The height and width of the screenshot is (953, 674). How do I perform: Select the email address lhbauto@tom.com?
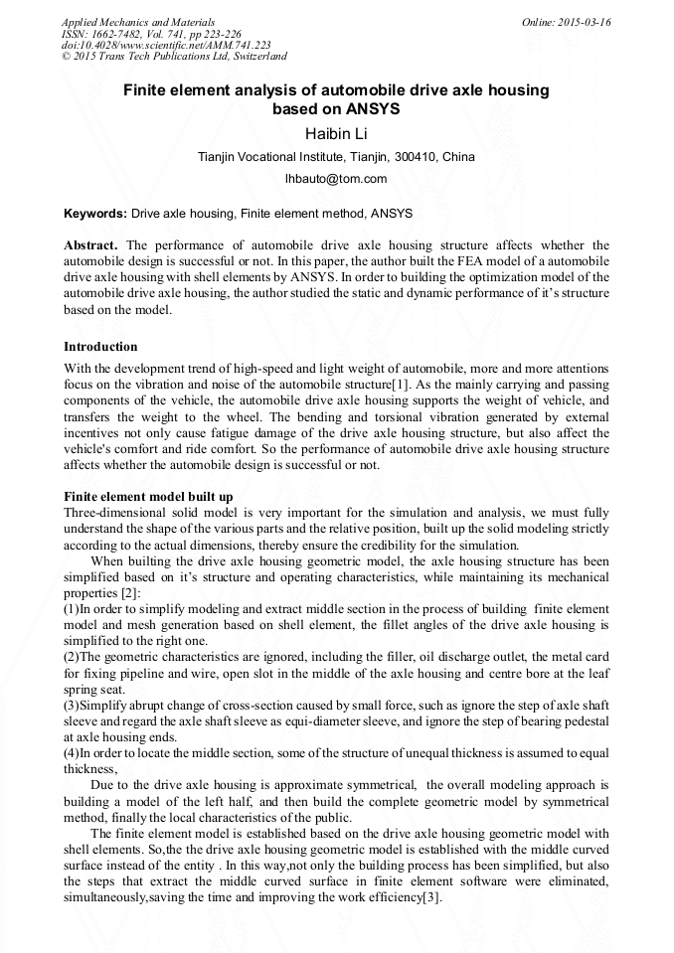tap(336, 179)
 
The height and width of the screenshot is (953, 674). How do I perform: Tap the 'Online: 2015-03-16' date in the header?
tap(566, 22)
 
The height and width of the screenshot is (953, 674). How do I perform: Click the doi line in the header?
tap(166, 45)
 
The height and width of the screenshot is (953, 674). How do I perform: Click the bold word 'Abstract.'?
tap(91, 245)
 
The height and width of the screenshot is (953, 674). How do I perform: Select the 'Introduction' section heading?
tap(100, 347)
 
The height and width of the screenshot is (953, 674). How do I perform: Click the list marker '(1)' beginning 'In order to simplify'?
tap(72, 609)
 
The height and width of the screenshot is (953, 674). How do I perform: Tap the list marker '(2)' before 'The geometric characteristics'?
tap(72, 657)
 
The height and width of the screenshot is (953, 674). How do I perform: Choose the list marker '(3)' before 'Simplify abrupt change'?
tap(72, 706)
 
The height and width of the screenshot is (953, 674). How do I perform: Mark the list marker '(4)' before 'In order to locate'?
tap(72, 753)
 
